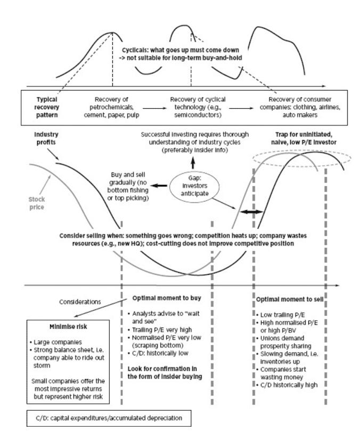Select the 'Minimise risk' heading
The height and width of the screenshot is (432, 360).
(x=68, y=327)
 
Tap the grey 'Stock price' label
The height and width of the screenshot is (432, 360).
(x=37, y=203)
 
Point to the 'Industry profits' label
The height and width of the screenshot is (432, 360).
(x=46, y=138)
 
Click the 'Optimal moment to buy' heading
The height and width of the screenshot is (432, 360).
(x=167, y=298)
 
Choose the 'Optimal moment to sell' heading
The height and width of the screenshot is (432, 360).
(x=290, y=299)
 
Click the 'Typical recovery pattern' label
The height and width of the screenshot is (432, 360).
(x=47, y=107)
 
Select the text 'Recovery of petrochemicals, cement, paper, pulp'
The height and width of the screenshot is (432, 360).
(x=111, y=107)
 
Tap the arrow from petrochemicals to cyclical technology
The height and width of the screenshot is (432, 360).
(x=154, y=108)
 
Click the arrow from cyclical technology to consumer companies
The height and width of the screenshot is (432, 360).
(x=241, y=108)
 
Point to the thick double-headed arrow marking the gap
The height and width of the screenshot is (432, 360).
(x=251, y=212)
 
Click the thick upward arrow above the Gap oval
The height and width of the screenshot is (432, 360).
(x=193, y=162)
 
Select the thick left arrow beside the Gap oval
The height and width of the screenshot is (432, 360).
(x=159, y=186)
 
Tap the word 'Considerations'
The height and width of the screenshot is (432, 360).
(x=80, y=302)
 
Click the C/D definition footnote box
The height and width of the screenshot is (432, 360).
(x=109, y=418)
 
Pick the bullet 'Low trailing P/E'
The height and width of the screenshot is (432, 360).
(x=281, y=315)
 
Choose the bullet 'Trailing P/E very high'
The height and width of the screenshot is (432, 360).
(x=160, y=330)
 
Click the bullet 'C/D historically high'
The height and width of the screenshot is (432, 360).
(x=287, y=385)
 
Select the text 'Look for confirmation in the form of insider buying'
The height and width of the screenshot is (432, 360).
(x=165, y=372)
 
